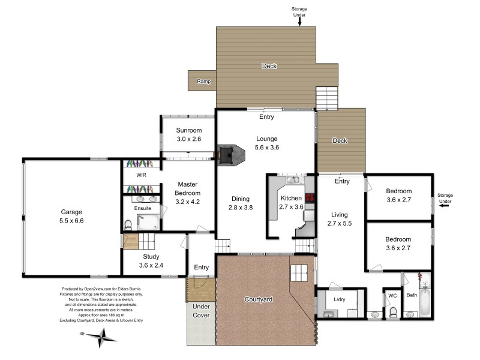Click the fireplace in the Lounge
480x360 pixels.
pyautogui.click(x=229, y=155)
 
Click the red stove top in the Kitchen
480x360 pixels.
pyautogui.click(x=310, y=197)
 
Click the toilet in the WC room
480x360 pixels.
pyautogui.click(x=393, y=313)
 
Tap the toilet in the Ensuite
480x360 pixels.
pyautogui.click(x=128, y=224)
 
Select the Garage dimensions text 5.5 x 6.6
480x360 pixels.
pyautogui.click(x=71, y=221)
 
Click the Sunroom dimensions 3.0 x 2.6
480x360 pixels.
pyautogui.click(x=188, y=139)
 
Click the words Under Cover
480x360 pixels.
pyautogui.click(x=200, y=310)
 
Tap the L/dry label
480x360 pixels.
pyautogui.click(x=339, y=299)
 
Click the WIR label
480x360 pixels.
pyautogui.click(x=142, y=176)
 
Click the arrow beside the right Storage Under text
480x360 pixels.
pyautogui.click(x=445, y=206)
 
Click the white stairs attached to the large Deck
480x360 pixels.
pyautogui.click(x=327, y=97)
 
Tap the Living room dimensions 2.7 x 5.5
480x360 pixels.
pyautogui.click(x=339, y=223)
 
